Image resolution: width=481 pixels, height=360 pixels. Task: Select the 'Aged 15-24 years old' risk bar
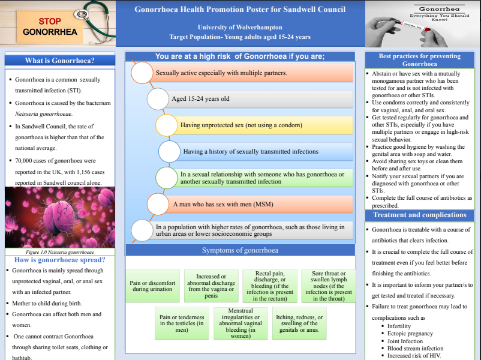pos(258,99)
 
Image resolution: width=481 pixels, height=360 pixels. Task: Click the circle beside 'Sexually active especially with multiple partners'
pos(142,73)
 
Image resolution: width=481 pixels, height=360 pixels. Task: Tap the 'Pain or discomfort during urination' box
pos(153,286)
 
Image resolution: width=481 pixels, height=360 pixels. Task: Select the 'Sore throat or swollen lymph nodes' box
pos(329,286)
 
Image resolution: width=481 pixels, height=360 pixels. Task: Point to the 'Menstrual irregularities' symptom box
pos(240,324)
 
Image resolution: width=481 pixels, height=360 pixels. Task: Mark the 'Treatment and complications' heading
pos(419,215)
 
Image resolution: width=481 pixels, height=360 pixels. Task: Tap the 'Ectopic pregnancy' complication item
pos(410,334)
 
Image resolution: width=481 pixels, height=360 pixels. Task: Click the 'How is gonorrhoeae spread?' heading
pos(59,260)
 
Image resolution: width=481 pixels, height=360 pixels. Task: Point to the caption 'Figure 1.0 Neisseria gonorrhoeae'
pos(59,252)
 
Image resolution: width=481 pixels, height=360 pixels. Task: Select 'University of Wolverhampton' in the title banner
pos(240,28)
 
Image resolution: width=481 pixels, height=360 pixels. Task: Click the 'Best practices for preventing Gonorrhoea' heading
pos(419,60)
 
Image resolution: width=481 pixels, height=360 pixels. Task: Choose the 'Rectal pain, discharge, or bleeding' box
pos(270,286)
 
